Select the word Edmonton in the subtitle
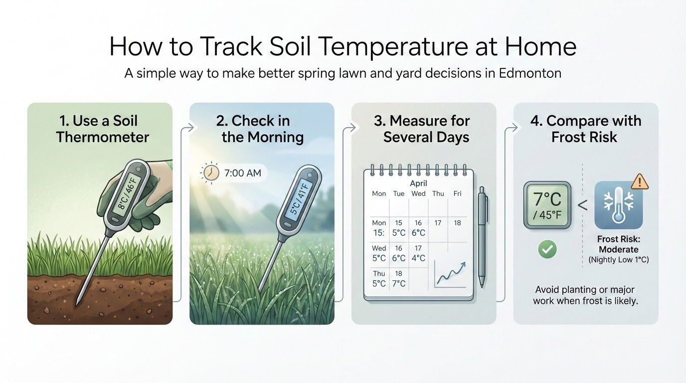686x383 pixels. pos(529,73)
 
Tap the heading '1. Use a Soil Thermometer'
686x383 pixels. pos(102,129)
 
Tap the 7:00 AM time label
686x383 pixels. pos(243,173)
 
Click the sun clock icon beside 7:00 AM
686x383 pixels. pos(210,173)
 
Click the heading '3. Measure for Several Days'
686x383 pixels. pos(426,129)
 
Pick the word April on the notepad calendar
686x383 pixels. pos(419,183)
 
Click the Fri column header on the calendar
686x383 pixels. pos(457,193)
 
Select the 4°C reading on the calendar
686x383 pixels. pos(418,258)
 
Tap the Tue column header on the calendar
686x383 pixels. pos(399,193)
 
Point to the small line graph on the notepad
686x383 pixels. pos(450,275)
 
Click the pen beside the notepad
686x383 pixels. pos(481,237)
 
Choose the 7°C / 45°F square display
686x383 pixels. pos(547,205)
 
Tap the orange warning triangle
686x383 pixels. pos(639,182)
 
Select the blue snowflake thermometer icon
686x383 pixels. pos(618,205)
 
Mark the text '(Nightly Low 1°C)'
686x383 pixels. pos(618,260)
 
